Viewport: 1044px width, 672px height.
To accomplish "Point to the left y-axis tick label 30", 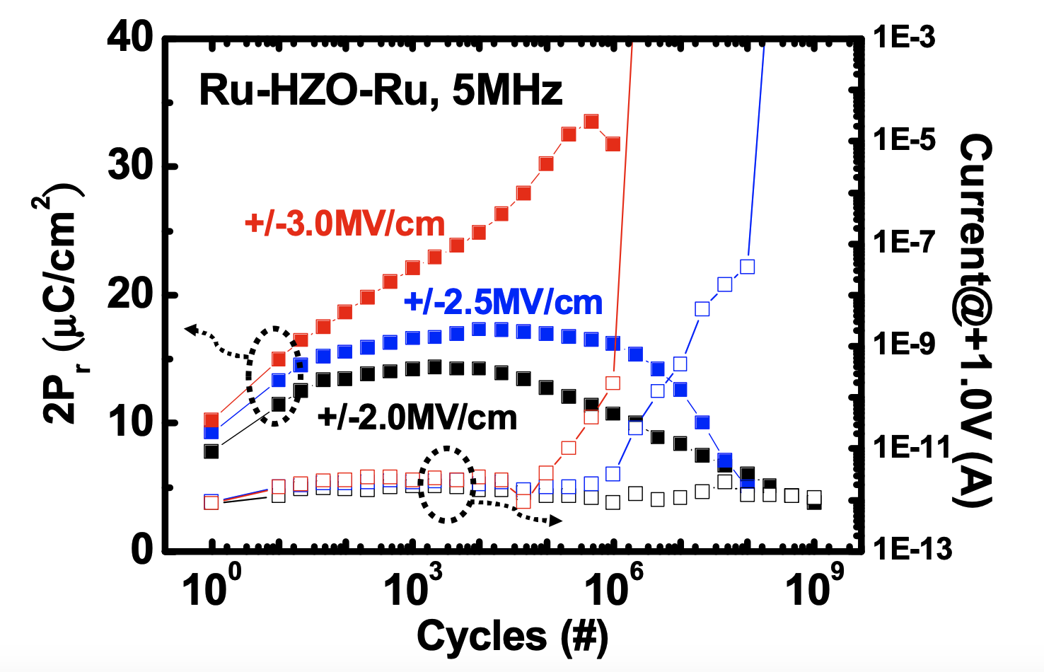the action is (x=130, y=166).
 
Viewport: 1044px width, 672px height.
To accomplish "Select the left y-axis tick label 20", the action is (x=130, y=294).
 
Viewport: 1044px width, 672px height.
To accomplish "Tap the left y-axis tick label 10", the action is (x=130, y=423).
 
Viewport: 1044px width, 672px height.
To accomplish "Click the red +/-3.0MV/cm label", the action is (x=345, y=225).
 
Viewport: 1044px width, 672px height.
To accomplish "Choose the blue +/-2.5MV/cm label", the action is (x=503, y=303).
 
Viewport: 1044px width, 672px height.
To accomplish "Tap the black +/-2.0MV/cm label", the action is (x=417, y=418).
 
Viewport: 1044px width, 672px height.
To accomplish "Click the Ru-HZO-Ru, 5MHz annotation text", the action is (x=381, y=91).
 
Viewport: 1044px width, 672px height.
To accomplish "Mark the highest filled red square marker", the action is (x=591, y=122).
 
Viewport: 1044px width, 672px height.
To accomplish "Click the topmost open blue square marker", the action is (x=747, y=267).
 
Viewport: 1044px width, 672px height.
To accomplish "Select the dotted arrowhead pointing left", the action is (x=191, y=328).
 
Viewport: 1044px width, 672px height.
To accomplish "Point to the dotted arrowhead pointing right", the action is (x=555, y=521).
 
